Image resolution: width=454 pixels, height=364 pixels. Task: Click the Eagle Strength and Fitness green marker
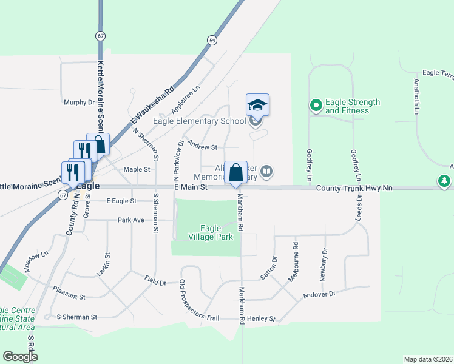click(x=316, y=106)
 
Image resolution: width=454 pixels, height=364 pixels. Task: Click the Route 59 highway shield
click(x=211, y=41)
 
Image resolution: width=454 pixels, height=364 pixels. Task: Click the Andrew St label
click(x=203, y=146)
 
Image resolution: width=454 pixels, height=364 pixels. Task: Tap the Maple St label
click(x=137, y=170)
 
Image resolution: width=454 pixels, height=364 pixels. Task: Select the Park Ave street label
click(x=131, y=220)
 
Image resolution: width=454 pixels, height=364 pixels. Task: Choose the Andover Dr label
click(x=319, y=294)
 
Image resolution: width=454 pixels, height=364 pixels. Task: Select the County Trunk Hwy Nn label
click(x=354, y=189)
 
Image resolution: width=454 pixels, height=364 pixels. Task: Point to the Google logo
click(x=20, y=357)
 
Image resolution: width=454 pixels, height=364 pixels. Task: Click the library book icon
click(x=266, y=173)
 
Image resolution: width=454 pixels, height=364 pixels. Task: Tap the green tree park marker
click(x=444, y=181)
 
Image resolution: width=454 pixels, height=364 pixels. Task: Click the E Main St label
click(x=191, y=188)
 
